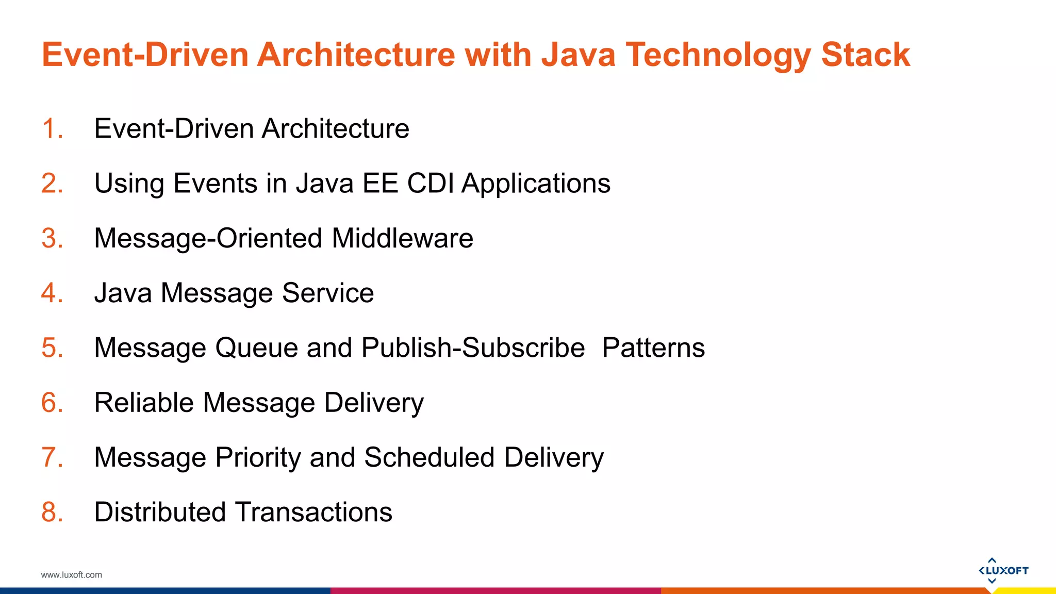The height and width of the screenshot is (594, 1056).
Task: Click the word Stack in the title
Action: (x=865, y=55)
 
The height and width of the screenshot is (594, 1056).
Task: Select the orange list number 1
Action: (x=52, y=128)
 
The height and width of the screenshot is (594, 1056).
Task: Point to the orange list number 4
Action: (x=52, y=293)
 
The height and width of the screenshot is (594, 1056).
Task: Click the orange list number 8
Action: (x=52, y=512)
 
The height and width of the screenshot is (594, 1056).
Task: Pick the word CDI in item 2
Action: (x=430, y=183)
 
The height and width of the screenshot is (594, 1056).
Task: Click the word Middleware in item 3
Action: (x=402, y=238)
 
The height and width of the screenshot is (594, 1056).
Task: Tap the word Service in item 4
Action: (x=328, y=293)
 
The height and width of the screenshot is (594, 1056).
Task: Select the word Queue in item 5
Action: (x=256, y=348)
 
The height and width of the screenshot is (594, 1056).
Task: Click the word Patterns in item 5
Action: (x=653, y=348)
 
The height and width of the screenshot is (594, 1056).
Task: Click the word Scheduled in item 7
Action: (x=430, y=458)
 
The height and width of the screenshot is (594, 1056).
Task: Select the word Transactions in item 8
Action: (x=313, y=512)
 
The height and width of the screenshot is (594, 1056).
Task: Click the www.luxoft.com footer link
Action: (x=72, y=575)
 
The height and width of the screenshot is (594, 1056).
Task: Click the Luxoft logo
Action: (x=1003, y=570)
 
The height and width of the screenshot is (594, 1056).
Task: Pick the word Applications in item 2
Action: (x=536, y=184)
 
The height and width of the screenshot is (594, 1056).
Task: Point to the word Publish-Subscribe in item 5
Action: (x=473, y=348)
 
